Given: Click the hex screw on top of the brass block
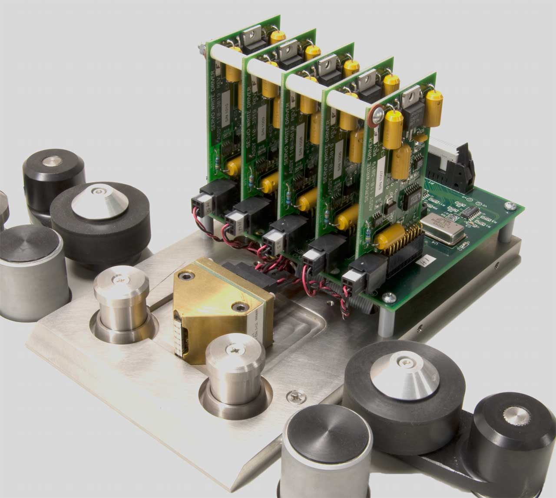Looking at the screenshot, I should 188,276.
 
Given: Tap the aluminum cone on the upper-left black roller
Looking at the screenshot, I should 91,202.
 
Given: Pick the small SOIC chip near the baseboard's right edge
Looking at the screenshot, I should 472,213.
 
